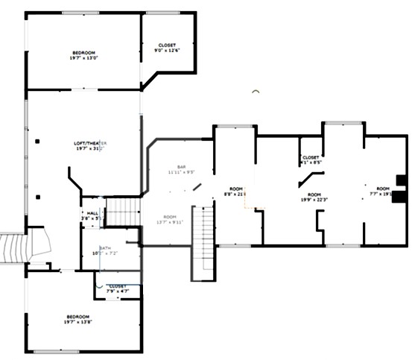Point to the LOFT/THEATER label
coord(91,142)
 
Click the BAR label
coord(180,166)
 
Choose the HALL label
coord(92,213)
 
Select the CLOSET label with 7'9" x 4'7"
coord(118,286)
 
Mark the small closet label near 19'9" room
coord(311,157)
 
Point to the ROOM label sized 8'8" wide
coord(236,189)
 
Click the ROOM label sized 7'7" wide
coord(382,189)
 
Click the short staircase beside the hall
coord(122,212)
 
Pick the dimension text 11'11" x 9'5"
coord(180,172)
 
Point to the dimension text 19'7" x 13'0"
coord(83,57)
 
